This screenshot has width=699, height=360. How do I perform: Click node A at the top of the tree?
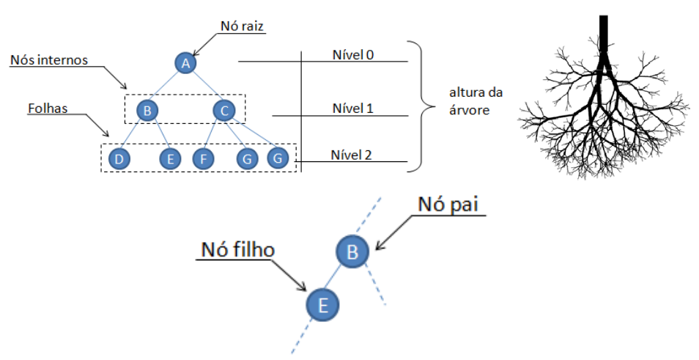point(186,63)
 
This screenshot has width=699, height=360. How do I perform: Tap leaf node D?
point(118,158)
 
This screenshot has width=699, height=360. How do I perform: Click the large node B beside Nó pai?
point(352,252)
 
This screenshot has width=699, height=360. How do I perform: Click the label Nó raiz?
point(242,26)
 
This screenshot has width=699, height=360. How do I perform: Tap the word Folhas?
point(48,108)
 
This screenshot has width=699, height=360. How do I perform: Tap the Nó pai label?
point(448,205)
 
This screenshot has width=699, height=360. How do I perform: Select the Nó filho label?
point(237,250)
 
